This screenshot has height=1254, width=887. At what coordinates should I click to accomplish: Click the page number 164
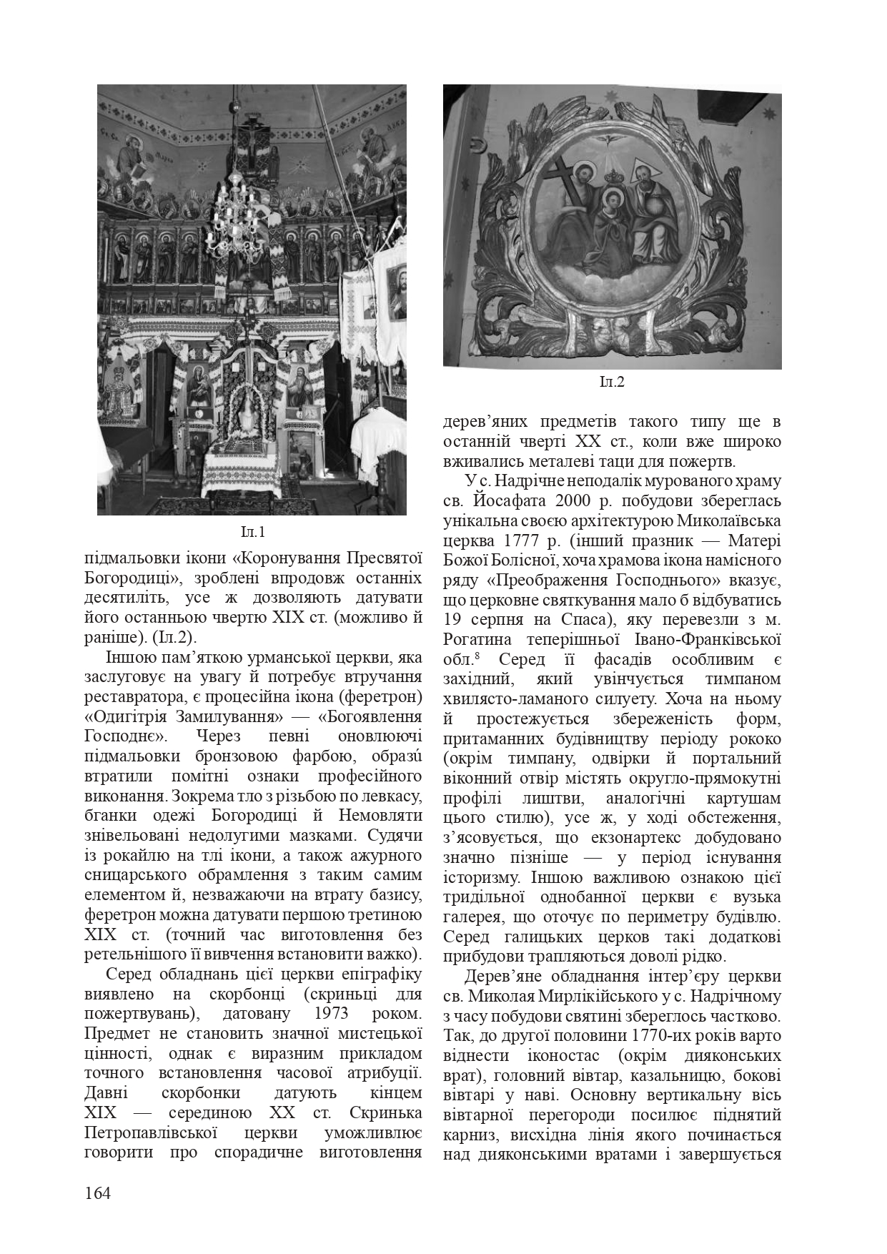pyautogui.click(x=98, y=1193)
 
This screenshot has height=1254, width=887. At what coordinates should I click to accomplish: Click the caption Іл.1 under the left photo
pyautogui.click(x=252, y=533)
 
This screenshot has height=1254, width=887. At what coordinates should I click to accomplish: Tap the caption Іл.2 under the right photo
pyautogui.click(x=612, y=382)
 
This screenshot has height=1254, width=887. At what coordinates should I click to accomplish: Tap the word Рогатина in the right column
pyautogui.click(x=477, y=638)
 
